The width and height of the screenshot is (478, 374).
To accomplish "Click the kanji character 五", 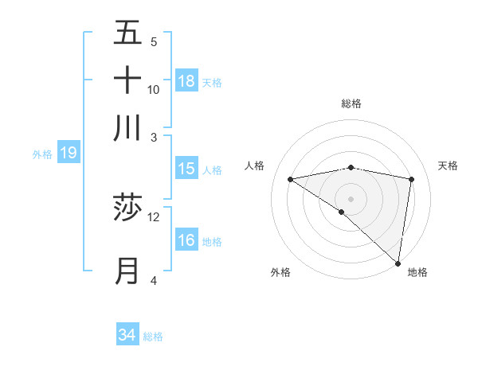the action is [127, 33].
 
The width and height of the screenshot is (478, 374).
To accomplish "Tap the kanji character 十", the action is [127, 80].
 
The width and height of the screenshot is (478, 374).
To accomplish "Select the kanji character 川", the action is [127, 127].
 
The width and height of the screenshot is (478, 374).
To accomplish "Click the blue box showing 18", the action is [186, 81].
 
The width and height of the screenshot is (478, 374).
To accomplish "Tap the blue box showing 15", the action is [186, 169].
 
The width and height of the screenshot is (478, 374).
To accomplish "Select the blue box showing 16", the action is [186, 240].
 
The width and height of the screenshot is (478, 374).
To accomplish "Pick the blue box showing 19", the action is [69, 153].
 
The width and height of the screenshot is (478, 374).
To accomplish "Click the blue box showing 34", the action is [127, 335].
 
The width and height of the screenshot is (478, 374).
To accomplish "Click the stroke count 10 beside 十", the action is [154, 89].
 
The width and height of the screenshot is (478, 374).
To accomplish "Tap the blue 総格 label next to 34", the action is [153, 337].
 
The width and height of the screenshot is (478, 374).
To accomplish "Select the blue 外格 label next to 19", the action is [42, 154].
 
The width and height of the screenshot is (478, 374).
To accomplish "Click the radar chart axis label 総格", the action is [351, 103].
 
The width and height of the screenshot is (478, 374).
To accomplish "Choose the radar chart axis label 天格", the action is [448, 166].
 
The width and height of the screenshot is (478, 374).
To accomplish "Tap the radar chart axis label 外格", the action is [280, 272].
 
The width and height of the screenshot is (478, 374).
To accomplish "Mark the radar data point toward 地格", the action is [398, 263].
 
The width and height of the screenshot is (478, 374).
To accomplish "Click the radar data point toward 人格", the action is [290, 179].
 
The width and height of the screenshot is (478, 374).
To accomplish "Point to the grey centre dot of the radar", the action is [351, 198].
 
